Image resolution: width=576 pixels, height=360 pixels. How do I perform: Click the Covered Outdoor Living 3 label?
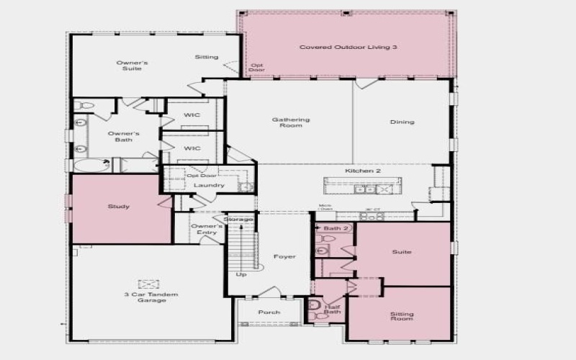[348, 47]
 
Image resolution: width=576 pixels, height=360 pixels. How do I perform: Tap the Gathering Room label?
[291, 122]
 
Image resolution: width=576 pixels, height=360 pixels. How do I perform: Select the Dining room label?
[402, 122]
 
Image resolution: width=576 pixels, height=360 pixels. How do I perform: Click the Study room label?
[119, 207]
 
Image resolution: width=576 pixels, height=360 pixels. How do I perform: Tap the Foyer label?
[284, 257]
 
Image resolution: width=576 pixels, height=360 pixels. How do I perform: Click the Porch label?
[269, 312]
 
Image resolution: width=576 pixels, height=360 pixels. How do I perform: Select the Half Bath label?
[332, 310]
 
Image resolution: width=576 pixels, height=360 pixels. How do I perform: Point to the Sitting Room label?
[402, 317]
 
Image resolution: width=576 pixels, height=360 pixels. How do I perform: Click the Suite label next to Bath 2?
[402, 253]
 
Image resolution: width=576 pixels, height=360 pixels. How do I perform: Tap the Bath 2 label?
[336, 228]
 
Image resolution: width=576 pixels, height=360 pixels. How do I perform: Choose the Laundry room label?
[210, 185]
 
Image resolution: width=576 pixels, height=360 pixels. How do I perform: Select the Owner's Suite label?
[132, 66]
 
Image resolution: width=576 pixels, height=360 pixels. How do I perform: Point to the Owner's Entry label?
[207, 229]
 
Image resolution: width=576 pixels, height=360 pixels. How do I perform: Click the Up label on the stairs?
[241, 274]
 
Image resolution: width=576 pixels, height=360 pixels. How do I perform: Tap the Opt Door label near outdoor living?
[256, 68]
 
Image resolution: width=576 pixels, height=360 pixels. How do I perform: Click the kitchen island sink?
[369, 189]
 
